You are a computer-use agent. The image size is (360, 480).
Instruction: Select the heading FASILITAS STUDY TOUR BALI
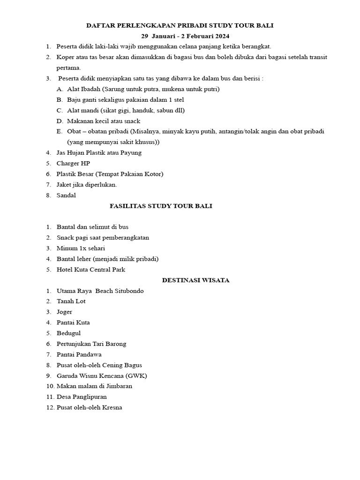coord(161,206)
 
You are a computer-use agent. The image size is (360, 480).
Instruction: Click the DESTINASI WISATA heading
coord(195,280)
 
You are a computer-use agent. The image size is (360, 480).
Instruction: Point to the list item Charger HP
coord(73,163)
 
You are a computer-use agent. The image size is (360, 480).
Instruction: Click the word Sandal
coord(66,195)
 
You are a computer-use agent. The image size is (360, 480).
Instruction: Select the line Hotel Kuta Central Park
coord(91,270)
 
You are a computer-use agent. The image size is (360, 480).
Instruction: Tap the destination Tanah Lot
coord(71,301)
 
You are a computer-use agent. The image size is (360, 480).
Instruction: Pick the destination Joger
coord(65,312)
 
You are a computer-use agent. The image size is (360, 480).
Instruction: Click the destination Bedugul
coord(68,333)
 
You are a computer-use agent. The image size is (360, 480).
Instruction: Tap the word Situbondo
coord(127,291)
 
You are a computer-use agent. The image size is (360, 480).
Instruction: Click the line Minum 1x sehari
coord(81,248)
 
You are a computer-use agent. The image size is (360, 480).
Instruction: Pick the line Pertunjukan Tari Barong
coord(91,344)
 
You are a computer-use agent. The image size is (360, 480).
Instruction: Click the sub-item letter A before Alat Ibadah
coord(59,89)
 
